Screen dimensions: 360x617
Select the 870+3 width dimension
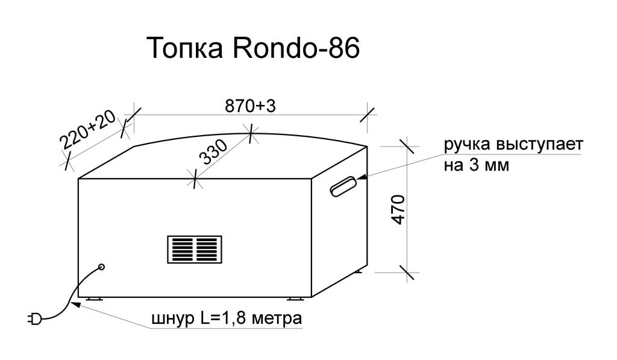[x=250, y=106]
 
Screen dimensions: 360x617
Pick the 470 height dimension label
[x=398, y=210]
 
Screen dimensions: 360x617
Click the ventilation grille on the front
[x=194, y=248]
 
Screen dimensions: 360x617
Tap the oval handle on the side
[x=343, y=186]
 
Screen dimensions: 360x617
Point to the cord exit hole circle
[x=101, y=267]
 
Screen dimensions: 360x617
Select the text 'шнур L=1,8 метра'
[x=226, y=318]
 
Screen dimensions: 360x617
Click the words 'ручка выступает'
[x=513, y=147]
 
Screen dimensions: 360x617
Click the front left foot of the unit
[x=95, y=298]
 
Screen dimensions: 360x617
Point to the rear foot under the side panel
[x=359, y=272]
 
